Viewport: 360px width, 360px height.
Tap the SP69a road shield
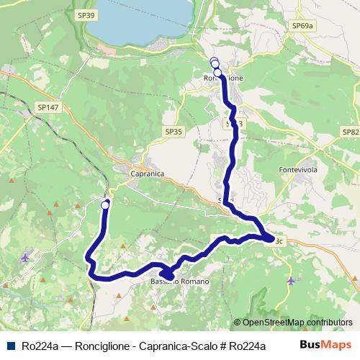[303, 26]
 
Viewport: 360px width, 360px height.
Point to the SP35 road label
[174, 132]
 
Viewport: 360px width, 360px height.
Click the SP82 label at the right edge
[351, 132]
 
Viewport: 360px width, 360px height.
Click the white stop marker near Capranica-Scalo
[105, 205]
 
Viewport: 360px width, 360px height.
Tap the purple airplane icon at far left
[26, 257]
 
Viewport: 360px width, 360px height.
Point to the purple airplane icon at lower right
[290, 280]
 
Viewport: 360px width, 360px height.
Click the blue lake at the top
[144, 18]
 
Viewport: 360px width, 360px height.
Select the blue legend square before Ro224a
[11, 346]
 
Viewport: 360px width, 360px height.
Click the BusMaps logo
[325, 345]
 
